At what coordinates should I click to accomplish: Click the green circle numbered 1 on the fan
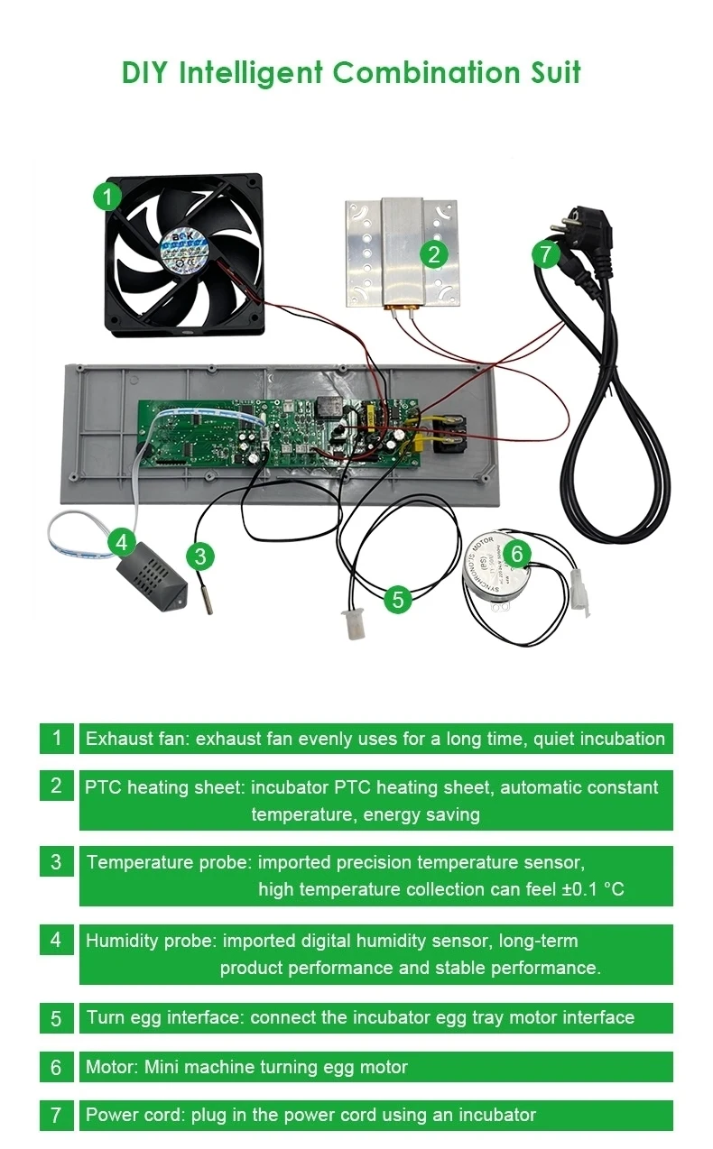[x=107, y=196]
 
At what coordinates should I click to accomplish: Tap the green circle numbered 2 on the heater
[x=434, y=254]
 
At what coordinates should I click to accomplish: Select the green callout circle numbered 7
[x=545, y=254]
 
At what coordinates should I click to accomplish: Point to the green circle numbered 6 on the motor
[x=516, y=553]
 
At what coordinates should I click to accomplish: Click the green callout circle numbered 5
[x=398, y=598]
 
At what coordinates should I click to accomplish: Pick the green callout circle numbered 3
[x=199, y=556]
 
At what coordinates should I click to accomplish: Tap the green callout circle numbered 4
[x=123, y=543]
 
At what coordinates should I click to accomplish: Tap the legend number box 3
[x=56, y=861]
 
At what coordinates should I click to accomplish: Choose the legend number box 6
[x=56, y=1067]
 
